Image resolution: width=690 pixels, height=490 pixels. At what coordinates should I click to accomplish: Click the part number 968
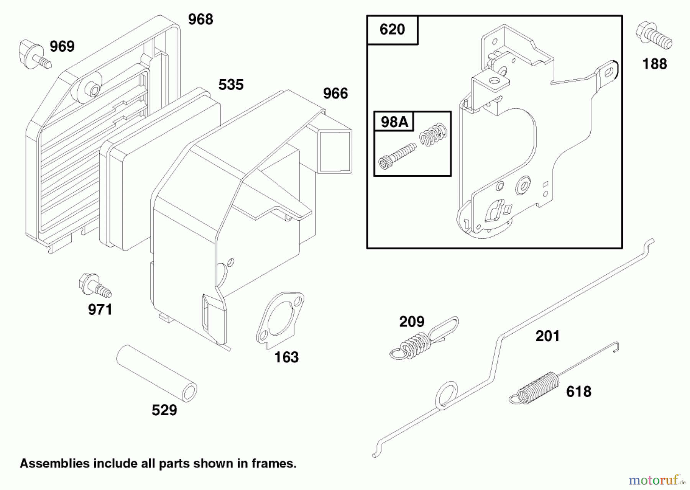pyautogui.click(x=200, y=19)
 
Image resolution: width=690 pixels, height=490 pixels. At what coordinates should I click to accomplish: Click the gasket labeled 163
pyautogui.click(x=280, y=321)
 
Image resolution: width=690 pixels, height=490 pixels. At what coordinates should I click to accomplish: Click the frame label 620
pyautogui.click(x=392, y=29)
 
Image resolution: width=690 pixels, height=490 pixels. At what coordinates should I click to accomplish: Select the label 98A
pyautogui.click(x=394, y=122)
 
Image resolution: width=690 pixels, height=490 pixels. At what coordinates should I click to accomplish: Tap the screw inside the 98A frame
pyautogui.click(x=396, y=156)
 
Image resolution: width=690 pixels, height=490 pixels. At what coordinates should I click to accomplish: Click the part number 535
pyautogui.click(x=231, y=85)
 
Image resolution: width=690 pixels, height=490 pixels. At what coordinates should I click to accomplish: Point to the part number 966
pyautogui.click(x=335, y=93)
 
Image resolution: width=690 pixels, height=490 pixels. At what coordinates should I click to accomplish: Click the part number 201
pyautogui.click(x=547, y=336)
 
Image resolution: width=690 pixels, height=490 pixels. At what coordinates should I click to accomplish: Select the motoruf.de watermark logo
pyautogui.click(x=657, y=479)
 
